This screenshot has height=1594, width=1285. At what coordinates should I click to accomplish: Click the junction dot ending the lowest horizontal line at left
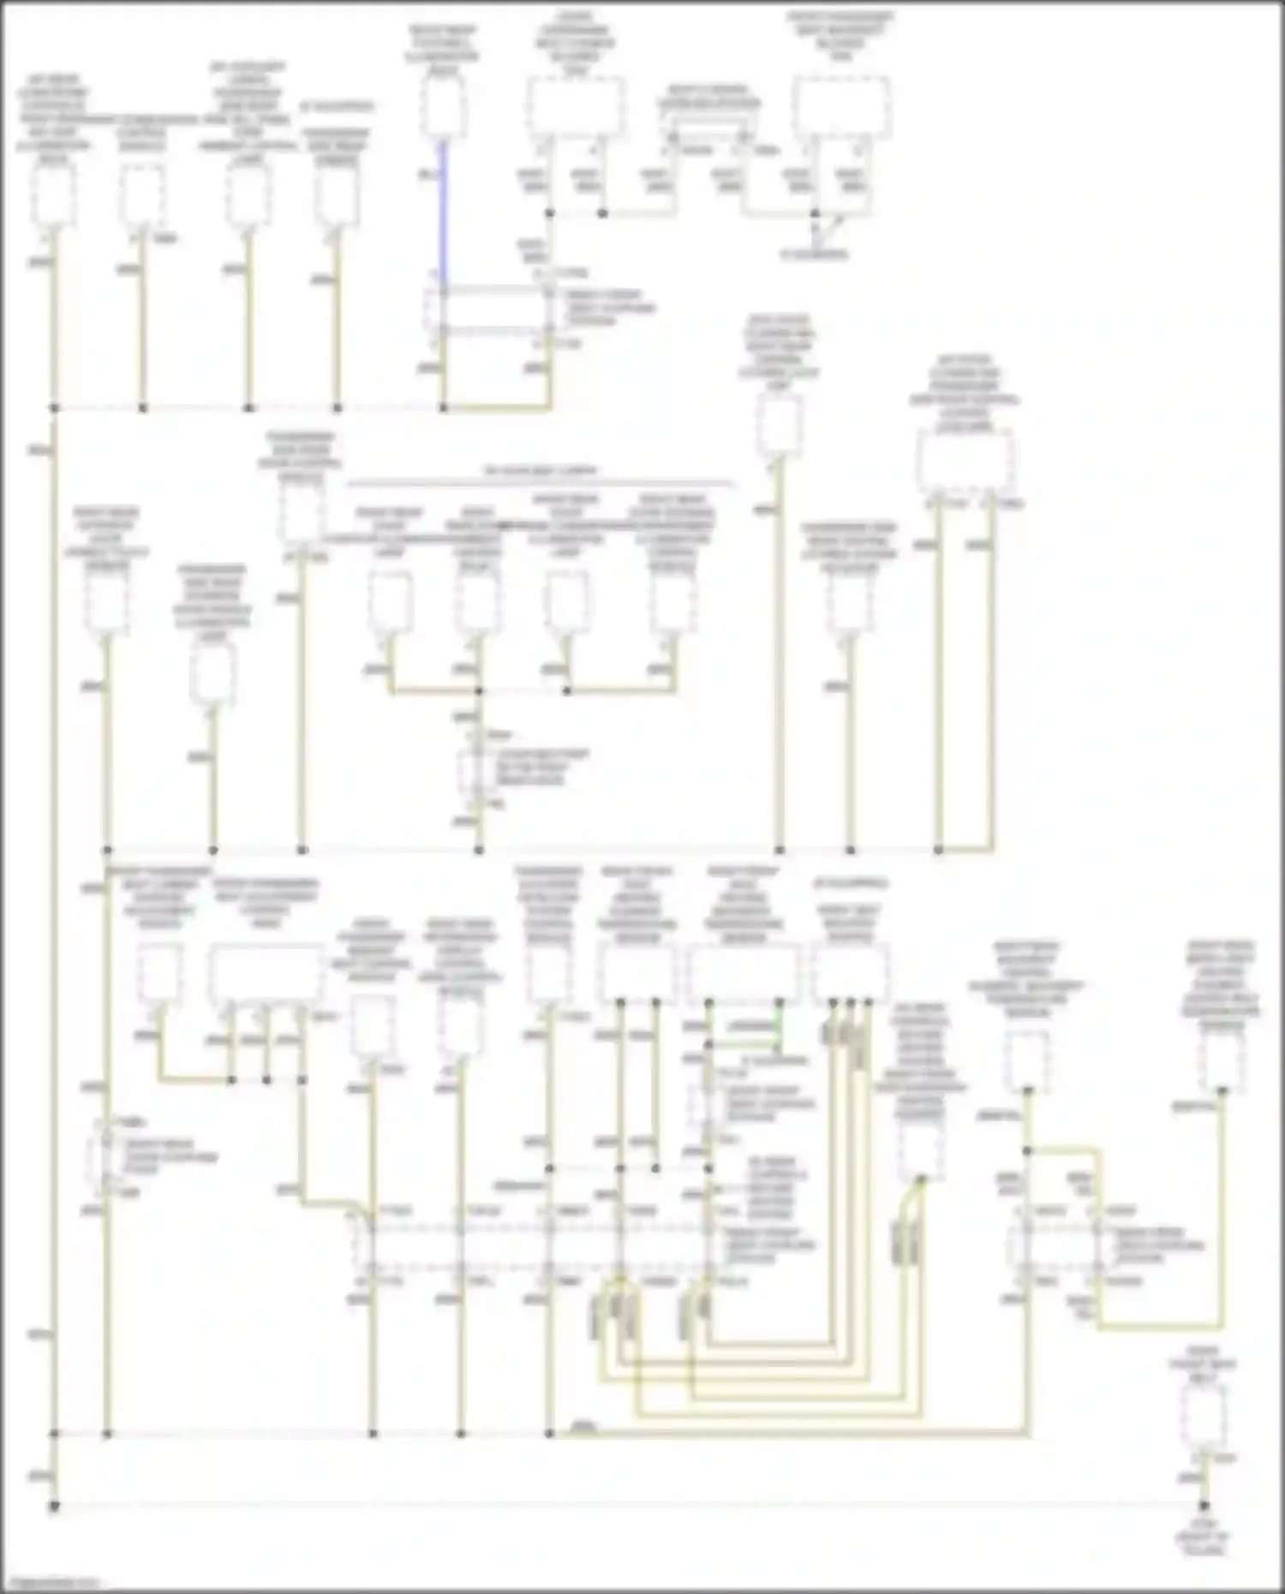pos(53,1505)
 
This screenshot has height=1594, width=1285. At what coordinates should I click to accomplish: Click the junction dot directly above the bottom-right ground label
pos(1204,1505)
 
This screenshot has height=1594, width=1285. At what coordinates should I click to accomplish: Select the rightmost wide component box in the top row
pos(840,107)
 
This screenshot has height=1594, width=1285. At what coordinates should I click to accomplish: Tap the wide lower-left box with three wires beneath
pos(266,974)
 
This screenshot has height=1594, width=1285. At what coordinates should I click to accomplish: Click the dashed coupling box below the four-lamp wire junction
pos(474,769)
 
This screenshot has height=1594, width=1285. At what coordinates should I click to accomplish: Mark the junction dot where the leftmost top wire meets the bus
pos(53,408)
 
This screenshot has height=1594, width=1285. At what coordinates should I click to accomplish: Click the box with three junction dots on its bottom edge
pos(851,974)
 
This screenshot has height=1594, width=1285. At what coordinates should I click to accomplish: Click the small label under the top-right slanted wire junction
pos(814,254)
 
